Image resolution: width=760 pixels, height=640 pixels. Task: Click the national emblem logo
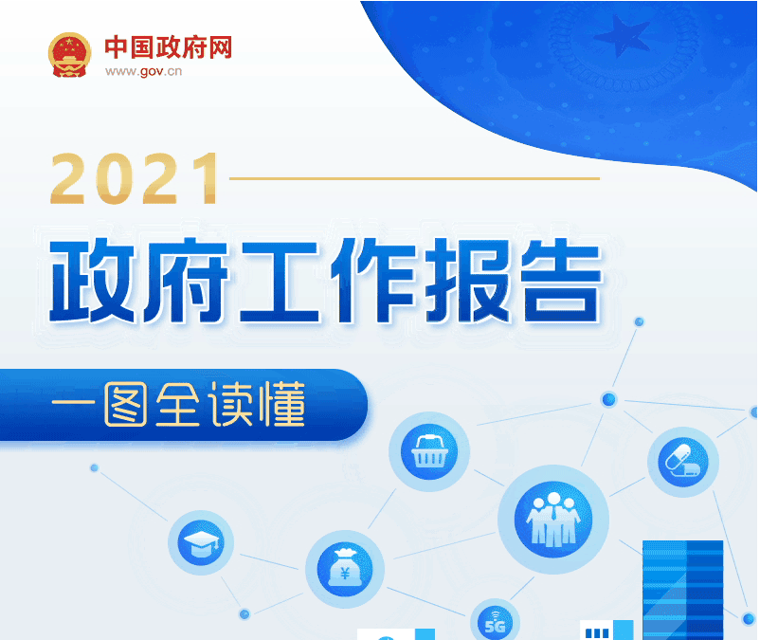68,55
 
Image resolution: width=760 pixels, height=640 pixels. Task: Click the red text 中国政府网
168,46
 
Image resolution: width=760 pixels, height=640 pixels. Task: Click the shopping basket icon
429,451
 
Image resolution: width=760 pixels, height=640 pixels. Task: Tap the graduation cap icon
200,543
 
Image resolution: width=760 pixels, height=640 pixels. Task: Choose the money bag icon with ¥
345,570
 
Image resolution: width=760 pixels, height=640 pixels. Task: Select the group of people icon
553,518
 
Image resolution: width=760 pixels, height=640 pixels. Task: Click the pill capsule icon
683,463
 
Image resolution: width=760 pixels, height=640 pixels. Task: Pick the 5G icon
495,621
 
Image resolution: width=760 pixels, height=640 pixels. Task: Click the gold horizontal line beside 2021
414,177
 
